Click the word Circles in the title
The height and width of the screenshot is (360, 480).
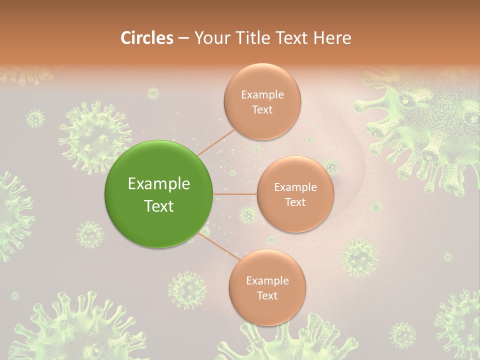pos(147,38)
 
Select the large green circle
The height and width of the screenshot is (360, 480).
pos(158,194)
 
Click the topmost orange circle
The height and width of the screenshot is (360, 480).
pos(262,102)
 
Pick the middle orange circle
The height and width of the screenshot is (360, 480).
pos(295,194)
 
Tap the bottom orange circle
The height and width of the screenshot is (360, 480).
pos(267,287)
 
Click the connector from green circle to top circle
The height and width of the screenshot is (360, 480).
pos(216,142)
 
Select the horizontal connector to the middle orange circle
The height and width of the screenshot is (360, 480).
pos(235,194)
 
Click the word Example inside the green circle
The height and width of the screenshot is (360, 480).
pos(159,184)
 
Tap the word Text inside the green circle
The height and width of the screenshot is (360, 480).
pos(159,205)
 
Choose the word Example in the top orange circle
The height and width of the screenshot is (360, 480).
pos(262,95)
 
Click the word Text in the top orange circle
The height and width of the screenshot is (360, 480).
pos(262,109)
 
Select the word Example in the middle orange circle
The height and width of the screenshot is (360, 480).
pos(295,187)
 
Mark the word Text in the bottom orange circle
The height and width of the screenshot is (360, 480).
pos(267,295)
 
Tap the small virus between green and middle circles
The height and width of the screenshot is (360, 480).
pos(247,215)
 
